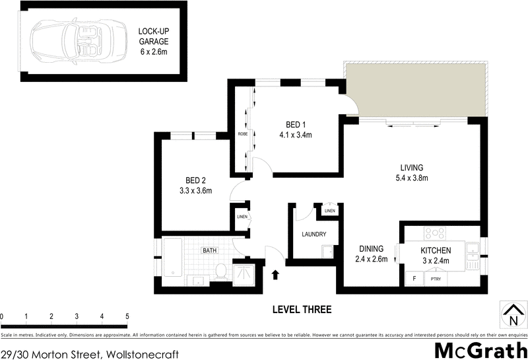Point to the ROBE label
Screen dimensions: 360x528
[242, 134]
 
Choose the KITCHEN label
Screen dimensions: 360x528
[436, 250]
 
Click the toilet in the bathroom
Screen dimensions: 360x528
[222, 271]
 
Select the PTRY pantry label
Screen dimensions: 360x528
[436, 279]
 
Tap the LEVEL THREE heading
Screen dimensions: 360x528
[302, 310]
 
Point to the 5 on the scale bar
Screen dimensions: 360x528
[127, 316]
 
